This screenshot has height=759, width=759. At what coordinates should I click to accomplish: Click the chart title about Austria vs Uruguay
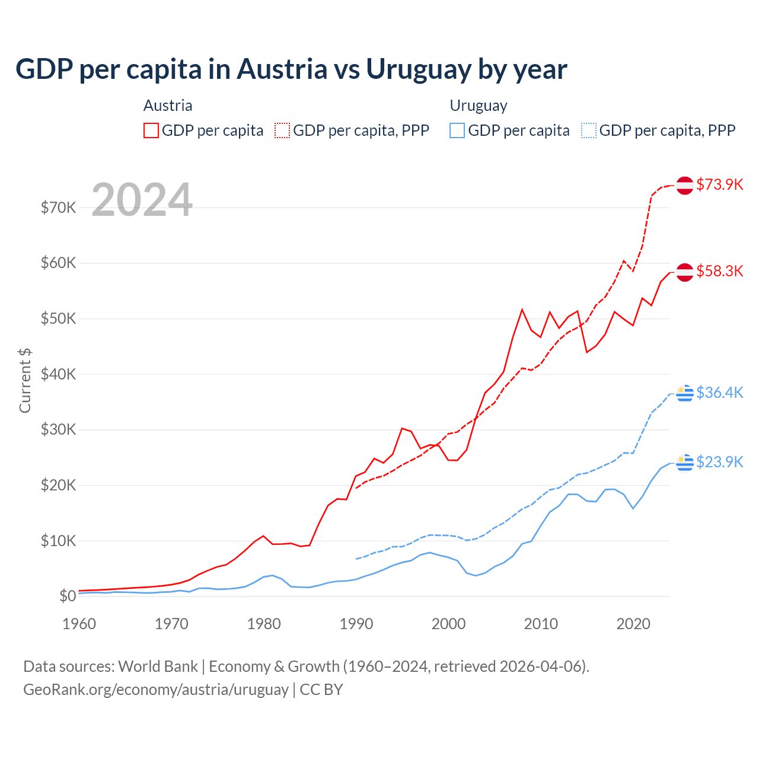click(291, 69)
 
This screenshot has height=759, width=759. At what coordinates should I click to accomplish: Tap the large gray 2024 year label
click(142, 200)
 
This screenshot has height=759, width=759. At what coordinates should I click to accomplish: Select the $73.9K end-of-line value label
click(719, 184)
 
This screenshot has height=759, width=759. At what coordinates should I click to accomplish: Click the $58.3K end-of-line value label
click(719, 271)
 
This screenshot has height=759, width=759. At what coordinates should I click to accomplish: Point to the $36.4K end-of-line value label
click(719, 393)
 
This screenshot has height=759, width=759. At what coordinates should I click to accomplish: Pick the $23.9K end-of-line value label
click(719, 462)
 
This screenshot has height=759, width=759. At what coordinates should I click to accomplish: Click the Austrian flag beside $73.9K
click(685, 185)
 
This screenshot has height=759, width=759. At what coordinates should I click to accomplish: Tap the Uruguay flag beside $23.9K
click(685, 462)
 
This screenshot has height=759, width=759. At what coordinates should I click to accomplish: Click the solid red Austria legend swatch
click(151, 130)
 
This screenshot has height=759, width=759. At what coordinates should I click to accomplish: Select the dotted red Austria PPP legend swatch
click(282, 130)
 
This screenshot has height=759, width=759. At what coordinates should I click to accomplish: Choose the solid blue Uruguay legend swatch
click(457, 130)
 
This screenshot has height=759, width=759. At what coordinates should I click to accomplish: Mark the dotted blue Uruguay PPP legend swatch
click(589, 130)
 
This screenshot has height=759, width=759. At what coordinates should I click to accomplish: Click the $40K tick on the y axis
click(58, 374)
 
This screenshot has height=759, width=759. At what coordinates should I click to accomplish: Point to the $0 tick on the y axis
click(68, 596)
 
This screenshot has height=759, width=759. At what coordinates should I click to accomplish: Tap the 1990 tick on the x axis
click(356, 624)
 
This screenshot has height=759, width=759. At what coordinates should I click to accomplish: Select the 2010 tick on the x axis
click(541, 624)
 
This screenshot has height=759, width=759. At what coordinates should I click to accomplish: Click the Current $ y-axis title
click(25, 380)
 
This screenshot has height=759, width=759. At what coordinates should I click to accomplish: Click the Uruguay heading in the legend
click(479, 106)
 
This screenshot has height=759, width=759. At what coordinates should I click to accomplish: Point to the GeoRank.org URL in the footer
click(155, 690)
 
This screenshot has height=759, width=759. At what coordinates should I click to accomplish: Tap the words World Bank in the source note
click(158, 666)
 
